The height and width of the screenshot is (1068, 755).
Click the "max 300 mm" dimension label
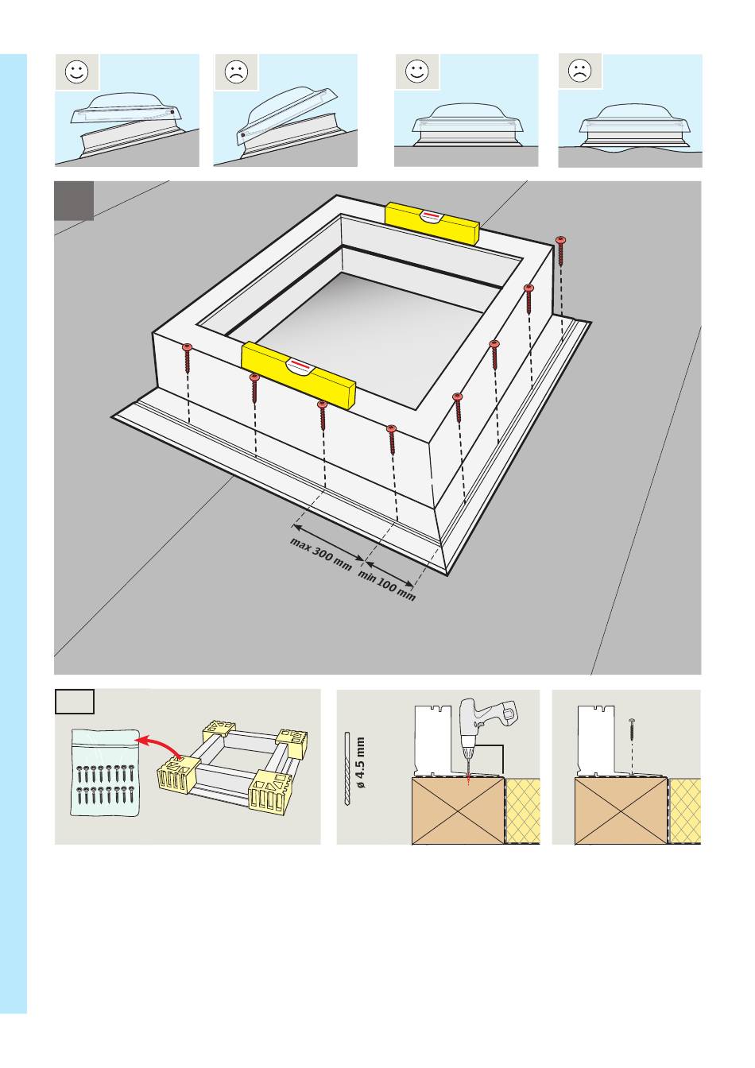[x=320, y=555]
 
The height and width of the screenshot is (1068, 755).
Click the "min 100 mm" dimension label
[x=387, y=586]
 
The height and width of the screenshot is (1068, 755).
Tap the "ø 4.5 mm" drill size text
[x=360, y=762]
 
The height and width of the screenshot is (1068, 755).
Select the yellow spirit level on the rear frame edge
[x=432, y=223]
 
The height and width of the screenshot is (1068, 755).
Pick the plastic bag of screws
[x=106, y=772]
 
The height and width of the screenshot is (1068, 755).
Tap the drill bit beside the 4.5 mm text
[x=347, y=768]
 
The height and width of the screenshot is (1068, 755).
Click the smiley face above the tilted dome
[x=77, y=72]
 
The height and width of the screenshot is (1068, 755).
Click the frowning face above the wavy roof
[x=580, y=71]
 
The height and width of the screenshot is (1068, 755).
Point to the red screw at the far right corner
[x=561, y=251]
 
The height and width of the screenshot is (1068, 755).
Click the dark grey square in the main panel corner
[x=73, y=201]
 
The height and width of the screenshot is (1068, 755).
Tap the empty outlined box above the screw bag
[x=75, y=702]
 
